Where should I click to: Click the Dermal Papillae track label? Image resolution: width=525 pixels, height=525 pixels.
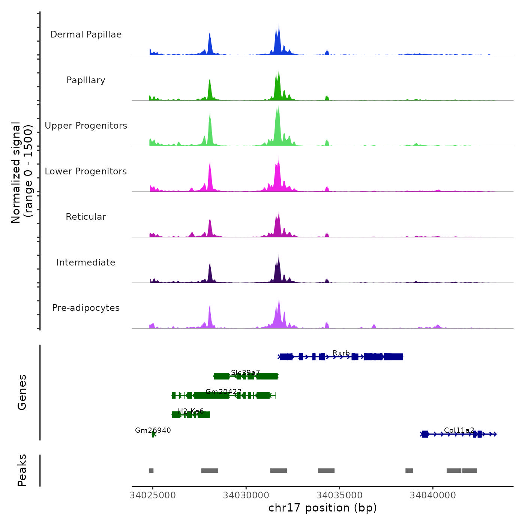tap(86, 34)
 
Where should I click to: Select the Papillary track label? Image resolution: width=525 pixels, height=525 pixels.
tap(86, 80)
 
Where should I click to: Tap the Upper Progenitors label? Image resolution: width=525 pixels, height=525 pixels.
tap(86, 126)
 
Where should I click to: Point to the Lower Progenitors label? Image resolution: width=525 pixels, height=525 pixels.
tap(86, 171)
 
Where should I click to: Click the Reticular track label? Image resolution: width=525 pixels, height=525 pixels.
tap(86, 217)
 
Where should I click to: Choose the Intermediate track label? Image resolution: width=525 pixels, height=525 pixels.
tap(86, 262)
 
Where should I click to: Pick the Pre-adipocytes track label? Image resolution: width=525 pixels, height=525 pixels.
tap(86, 308)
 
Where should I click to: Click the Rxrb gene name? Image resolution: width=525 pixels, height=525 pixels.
tap(341, 353)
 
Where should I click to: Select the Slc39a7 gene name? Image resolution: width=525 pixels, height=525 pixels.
tap(245, 372)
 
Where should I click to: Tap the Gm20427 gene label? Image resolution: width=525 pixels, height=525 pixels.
tap(223, 392)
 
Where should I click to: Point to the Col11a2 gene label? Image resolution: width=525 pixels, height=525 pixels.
tap(459, 430)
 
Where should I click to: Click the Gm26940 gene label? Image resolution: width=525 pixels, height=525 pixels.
tap(153, 430)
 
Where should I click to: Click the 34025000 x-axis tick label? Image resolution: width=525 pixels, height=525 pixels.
tap(153, 495)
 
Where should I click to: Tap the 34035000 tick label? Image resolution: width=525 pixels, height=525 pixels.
tap(339, 495)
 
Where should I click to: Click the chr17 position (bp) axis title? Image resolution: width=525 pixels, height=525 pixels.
tap(322, 508)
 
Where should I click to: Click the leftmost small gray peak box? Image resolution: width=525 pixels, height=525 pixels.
tap(151, 471)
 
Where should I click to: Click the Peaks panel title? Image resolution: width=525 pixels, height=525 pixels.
tap(22, 470)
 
